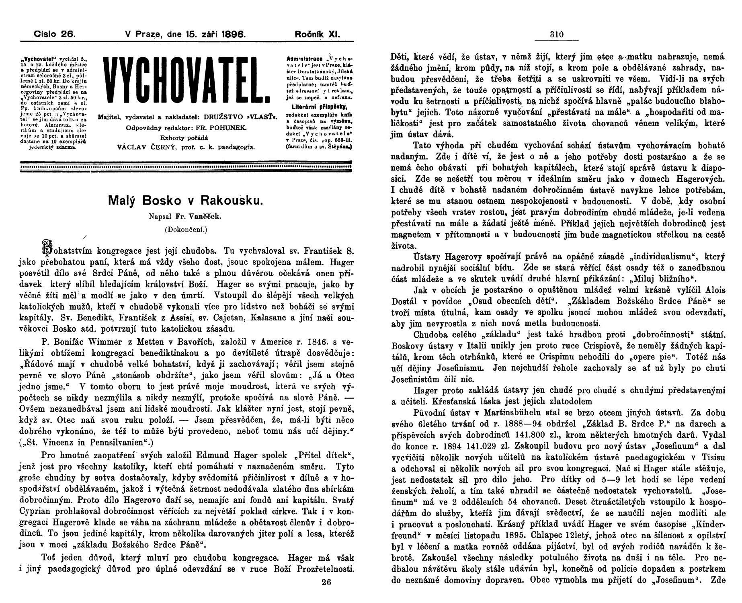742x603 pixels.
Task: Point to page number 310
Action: click(x=556, y=35)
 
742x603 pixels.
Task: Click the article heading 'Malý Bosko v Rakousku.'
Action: click(x=186, y=201)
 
